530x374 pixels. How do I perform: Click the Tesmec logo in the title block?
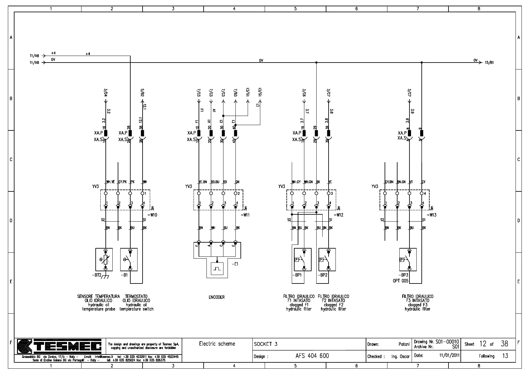coord(59,347)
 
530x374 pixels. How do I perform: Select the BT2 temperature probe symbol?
coord(104,260)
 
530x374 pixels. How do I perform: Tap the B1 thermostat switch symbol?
coord(129,260)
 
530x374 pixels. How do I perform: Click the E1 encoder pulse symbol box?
coord(217,269)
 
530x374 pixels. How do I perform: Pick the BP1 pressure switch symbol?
coord(302,260)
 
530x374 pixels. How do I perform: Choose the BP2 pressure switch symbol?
coord(327,260)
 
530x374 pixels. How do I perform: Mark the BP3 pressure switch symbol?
coord(408,260)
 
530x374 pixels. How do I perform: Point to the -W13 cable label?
coord(431,215)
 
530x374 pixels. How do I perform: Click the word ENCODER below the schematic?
coord(217,297)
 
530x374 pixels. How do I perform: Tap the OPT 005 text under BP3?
coord(400,281)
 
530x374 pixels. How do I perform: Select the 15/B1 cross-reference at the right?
coord(489,63)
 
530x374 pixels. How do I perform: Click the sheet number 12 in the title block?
coord(483,344)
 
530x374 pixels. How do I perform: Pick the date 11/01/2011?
coord(449,355)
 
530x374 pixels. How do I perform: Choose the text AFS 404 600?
coord(312,356)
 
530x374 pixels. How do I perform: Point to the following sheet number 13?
coord(505,356)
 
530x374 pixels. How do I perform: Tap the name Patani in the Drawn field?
coord(404,344)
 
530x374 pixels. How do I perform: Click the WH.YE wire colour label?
coord(110,182)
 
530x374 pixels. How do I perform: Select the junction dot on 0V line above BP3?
coord(422,63)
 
